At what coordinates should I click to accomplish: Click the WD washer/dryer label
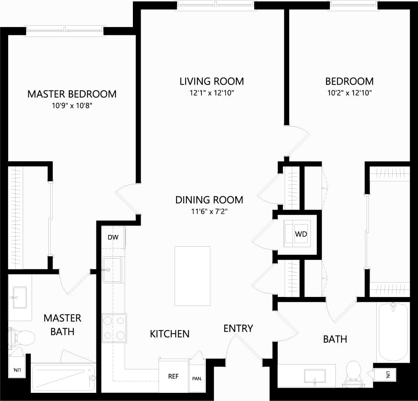(x=301, y=234)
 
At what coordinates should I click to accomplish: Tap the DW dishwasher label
(x=113, y=237)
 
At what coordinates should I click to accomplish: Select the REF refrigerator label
(x=173, y=376)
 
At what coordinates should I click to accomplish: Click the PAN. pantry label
(x=197, y=379)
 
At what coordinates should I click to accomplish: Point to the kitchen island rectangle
(x=192, y=276)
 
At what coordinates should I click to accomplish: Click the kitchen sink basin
(x=112, y=269)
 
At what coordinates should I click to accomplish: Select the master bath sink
(x=20, y=297)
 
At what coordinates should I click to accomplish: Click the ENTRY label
(x=238, y=328)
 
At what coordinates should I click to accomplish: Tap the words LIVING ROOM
(x=212, y=81)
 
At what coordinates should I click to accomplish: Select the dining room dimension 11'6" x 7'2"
(x=209, y=212)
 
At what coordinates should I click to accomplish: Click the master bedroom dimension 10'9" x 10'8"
(x=72, y=106)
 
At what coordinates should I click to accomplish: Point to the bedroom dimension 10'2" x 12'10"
(x=350, y=93)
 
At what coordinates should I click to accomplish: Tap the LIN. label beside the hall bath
(x=387, y=375)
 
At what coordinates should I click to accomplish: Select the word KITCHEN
(x=170, y=334)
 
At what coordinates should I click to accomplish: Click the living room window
(x=216, y=4)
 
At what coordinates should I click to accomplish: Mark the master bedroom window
(x=65, y=29)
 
